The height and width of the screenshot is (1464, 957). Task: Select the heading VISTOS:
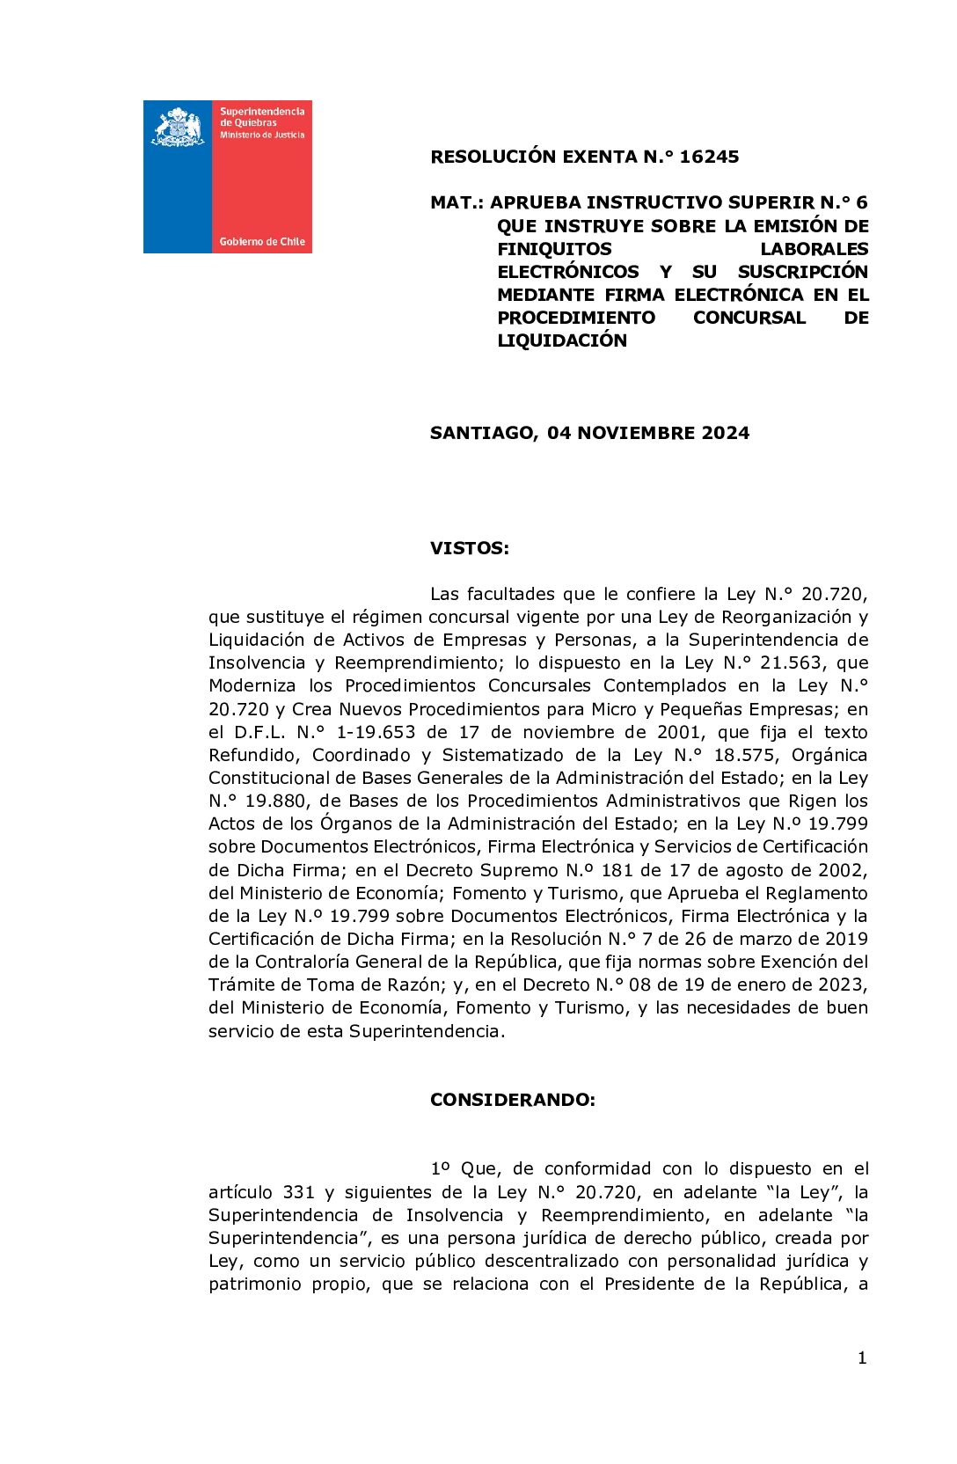pyautogui.click(x=469, y=548)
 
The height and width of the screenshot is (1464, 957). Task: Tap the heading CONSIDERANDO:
pyautogui.click(x=512, y=1100)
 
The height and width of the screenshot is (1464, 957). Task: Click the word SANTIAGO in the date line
pyautogui.click(x=483, y=433)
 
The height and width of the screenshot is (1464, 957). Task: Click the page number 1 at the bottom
pyautogui.click(x=862, y=1358)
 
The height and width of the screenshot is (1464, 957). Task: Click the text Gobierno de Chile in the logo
pyautogui.click(x=262, y=241)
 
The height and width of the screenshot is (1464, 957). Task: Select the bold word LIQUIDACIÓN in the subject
pyautogui.click(x=562, y=340)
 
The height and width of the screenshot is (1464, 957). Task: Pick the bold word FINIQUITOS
pyautogui.click(x=554, y=249)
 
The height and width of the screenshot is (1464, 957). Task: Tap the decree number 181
pyautogui.click(x=606, y=870)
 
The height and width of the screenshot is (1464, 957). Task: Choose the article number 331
pyautogui.click(x=298, y=1192)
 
